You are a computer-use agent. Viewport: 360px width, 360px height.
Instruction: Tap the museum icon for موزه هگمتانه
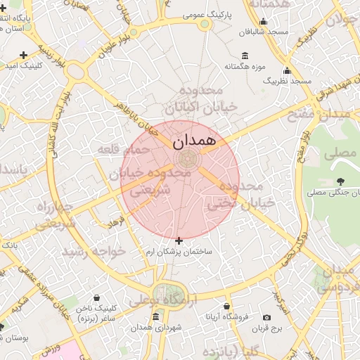click(245, 56)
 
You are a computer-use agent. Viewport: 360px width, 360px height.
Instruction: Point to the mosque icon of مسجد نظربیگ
click(287, 71)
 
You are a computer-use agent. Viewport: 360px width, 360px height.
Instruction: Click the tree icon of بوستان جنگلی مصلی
click(341, 182)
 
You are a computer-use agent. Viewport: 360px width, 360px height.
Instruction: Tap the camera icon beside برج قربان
click(266, 318)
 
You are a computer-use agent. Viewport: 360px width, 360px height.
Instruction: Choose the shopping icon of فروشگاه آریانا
click(226, 307)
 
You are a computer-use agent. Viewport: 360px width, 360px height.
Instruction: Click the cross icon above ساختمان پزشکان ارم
click(179, 240)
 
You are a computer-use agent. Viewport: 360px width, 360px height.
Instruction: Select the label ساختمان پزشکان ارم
click(179, 252)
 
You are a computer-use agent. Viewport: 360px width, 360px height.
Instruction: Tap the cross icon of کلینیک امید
click(25, 55)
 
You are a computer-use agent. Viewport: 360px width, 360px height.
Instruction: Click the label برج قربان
click(267, 328)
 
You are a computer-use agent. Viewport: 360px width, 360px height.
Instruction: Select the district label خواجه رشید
click(93, 251)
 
